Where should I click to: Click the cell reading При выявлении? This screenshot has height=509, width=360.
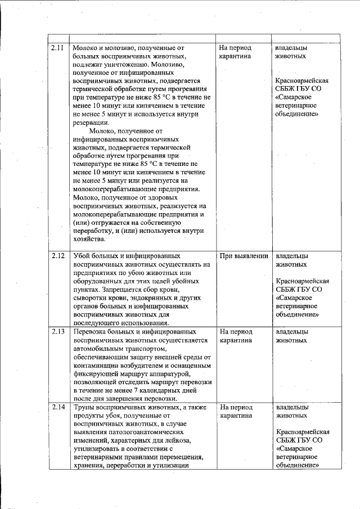[x=243, y=256]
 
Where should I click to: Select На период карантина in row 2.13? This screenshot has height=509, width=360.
[x=236, y=336]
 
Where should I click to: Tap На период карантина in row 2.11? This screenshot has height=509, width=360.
[x=236, y=52]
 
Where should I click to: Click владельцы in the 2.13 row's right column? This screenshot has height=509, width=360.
[x=291, y=332]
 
